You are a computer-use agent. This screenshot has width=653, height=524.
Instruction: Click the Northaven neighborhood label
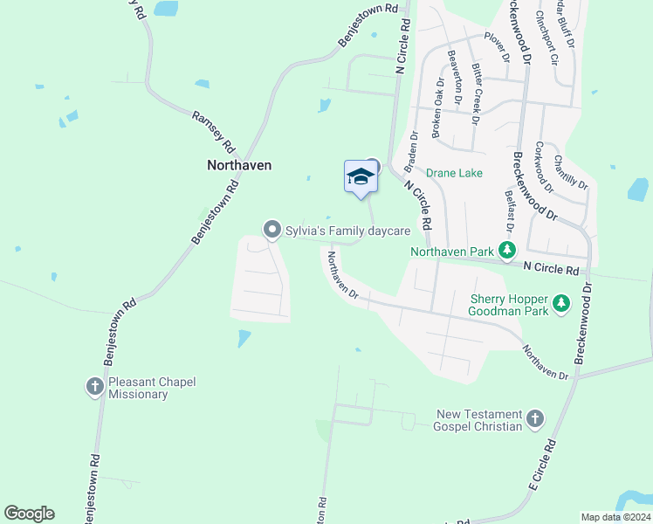239,164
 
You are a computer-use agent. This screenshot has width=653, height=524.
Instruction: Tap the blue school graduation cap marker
360,177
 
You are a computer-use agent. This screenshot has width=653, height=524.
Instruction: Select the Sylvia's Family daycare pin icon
272,230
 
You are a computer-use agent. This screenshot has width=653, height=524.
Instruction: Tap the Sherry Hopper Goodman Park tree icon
561,304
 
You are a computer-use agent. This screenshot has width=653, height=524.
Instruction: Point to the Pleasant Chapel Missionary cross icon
95,386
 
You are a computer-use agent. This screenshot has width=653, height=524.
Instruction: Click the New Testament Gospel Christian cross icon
535,420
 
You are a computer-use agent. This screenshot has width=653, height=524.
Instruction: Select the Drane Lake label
454,173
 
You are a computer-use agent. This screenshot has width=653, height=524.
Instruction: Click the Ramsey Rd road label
214,132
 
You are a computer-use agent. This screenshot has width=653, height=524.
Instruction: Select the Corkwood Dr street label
543,166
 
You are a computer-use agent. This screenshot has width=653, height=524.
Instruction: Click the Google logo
30,514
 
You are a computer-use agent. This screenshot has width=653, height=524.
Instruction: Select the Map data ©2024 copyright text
615,517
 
